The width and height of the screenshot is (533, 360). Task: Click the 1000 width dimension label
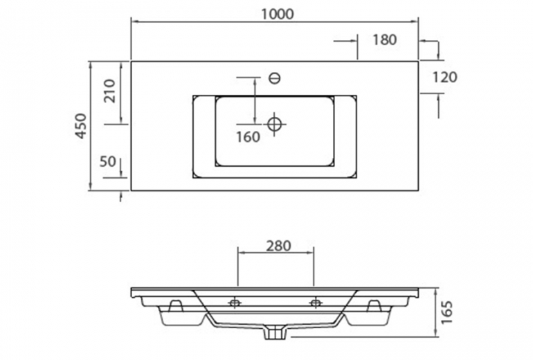(x=277, y=14)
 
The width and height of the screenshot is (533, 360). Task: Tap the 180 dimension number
(x=385, y=39)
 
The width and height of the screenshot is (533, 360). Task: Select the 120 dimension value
(x=444, y=77)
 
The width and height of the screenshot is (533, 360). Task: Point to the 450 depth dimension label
(x=81, y=126)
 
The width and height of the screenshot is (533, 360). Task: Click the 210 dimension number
(x=109, y=91)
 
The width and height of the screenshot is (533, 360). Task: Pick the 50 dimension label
(x=108, y=161)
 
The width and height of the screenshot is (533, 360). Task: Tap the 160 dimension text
(x=248, y=136)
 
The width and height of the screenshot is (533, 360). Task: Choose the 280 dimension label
(x=278, y=246)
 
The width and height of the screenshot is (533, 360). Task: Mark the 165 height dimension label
(x=447, y=312)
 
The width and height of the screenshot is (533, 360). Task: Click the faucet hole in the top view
(x=274, y=78)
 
